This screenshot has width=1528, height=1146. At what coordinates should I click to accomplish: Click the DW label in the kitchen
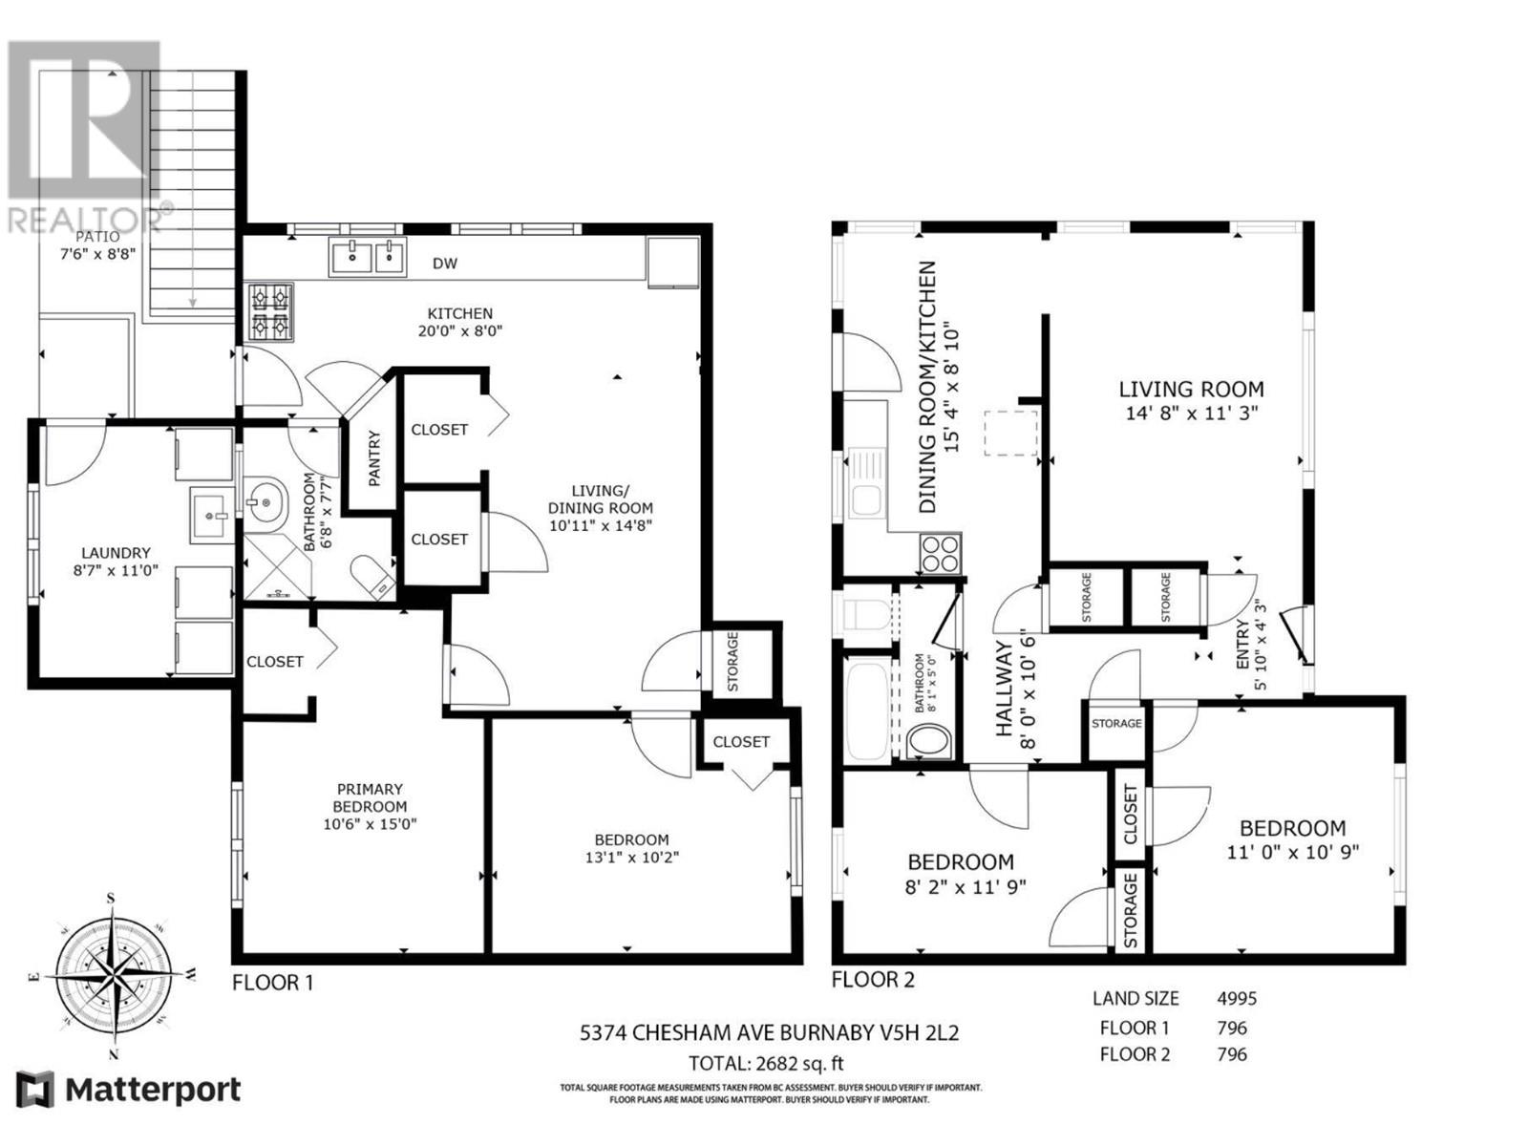(x=445, y=263)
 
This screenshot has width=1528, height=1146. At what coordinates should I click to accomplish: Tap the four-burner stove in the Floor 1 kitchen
(x=269, y=312)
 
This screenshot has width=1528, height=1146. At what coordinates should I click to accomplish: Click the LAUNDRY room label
(x=117, y=553)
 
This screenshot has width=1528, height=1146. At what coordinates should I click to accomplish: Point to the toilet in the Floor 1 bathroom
(x=372, y=577)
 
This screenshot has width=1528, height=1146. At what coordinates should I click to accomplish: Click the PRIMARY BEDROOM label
(x=370, y=797)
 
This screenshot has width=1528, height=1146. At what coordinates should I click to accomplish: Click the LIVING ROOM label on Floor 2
(x=1191, y=389)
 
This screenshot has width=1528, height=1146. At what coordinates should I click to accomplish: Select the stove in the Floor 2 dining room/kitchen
(x=942, y=554)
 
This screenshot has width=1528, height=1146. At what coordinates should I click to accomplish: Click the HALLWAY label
(x=1003, y=689)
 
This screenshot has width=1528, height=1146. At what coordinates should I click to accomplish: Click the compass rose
(x=112, y=975)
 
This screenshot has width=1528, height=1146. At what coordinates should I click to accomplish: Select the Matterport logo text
(x=153, y=1090)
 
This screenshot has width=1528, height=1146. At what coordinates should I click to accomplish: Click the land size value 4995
(x=1237, y=999)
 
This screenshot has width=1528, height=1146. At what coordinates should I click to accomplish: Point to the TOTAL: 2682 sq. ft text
(x=766, y=1063)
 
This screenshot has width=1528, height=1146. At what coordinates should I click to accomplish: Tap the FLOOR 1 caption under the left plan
(x=272, y=983)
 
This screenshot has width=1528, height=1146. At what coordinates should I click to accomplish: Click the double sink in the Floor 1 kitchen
(x=367, y=256)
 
